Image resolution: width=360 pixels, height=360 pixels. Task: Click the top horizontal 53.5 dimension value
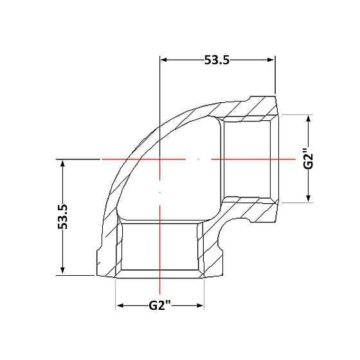pos(217,60)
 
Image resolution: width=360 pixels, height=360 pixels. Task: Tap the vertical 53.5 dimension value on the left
pos(63,217)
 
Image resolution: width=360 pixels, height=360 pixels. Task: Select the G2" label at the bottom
pos(160,305)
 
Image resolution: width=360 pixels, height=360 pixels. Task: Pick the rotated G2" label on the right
pos(309,159)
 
